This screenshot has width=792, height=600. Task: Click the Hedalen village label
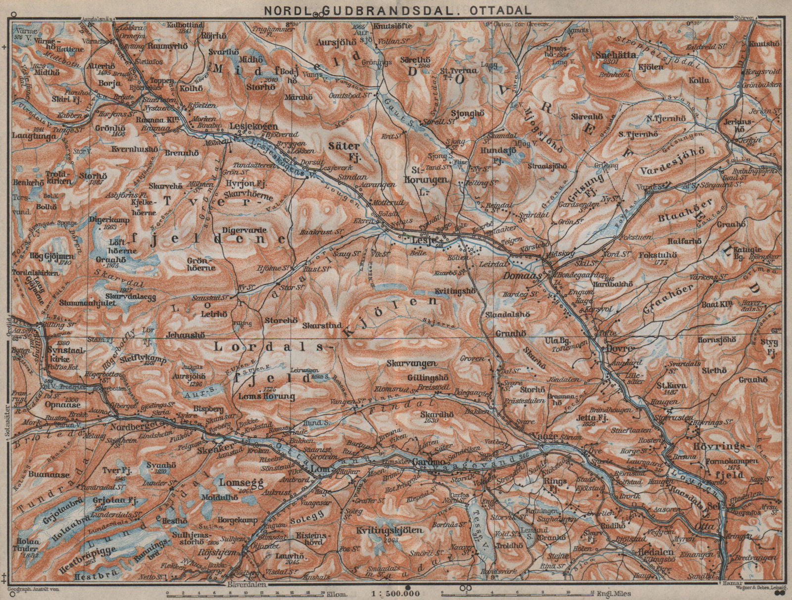coord(641,553)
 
